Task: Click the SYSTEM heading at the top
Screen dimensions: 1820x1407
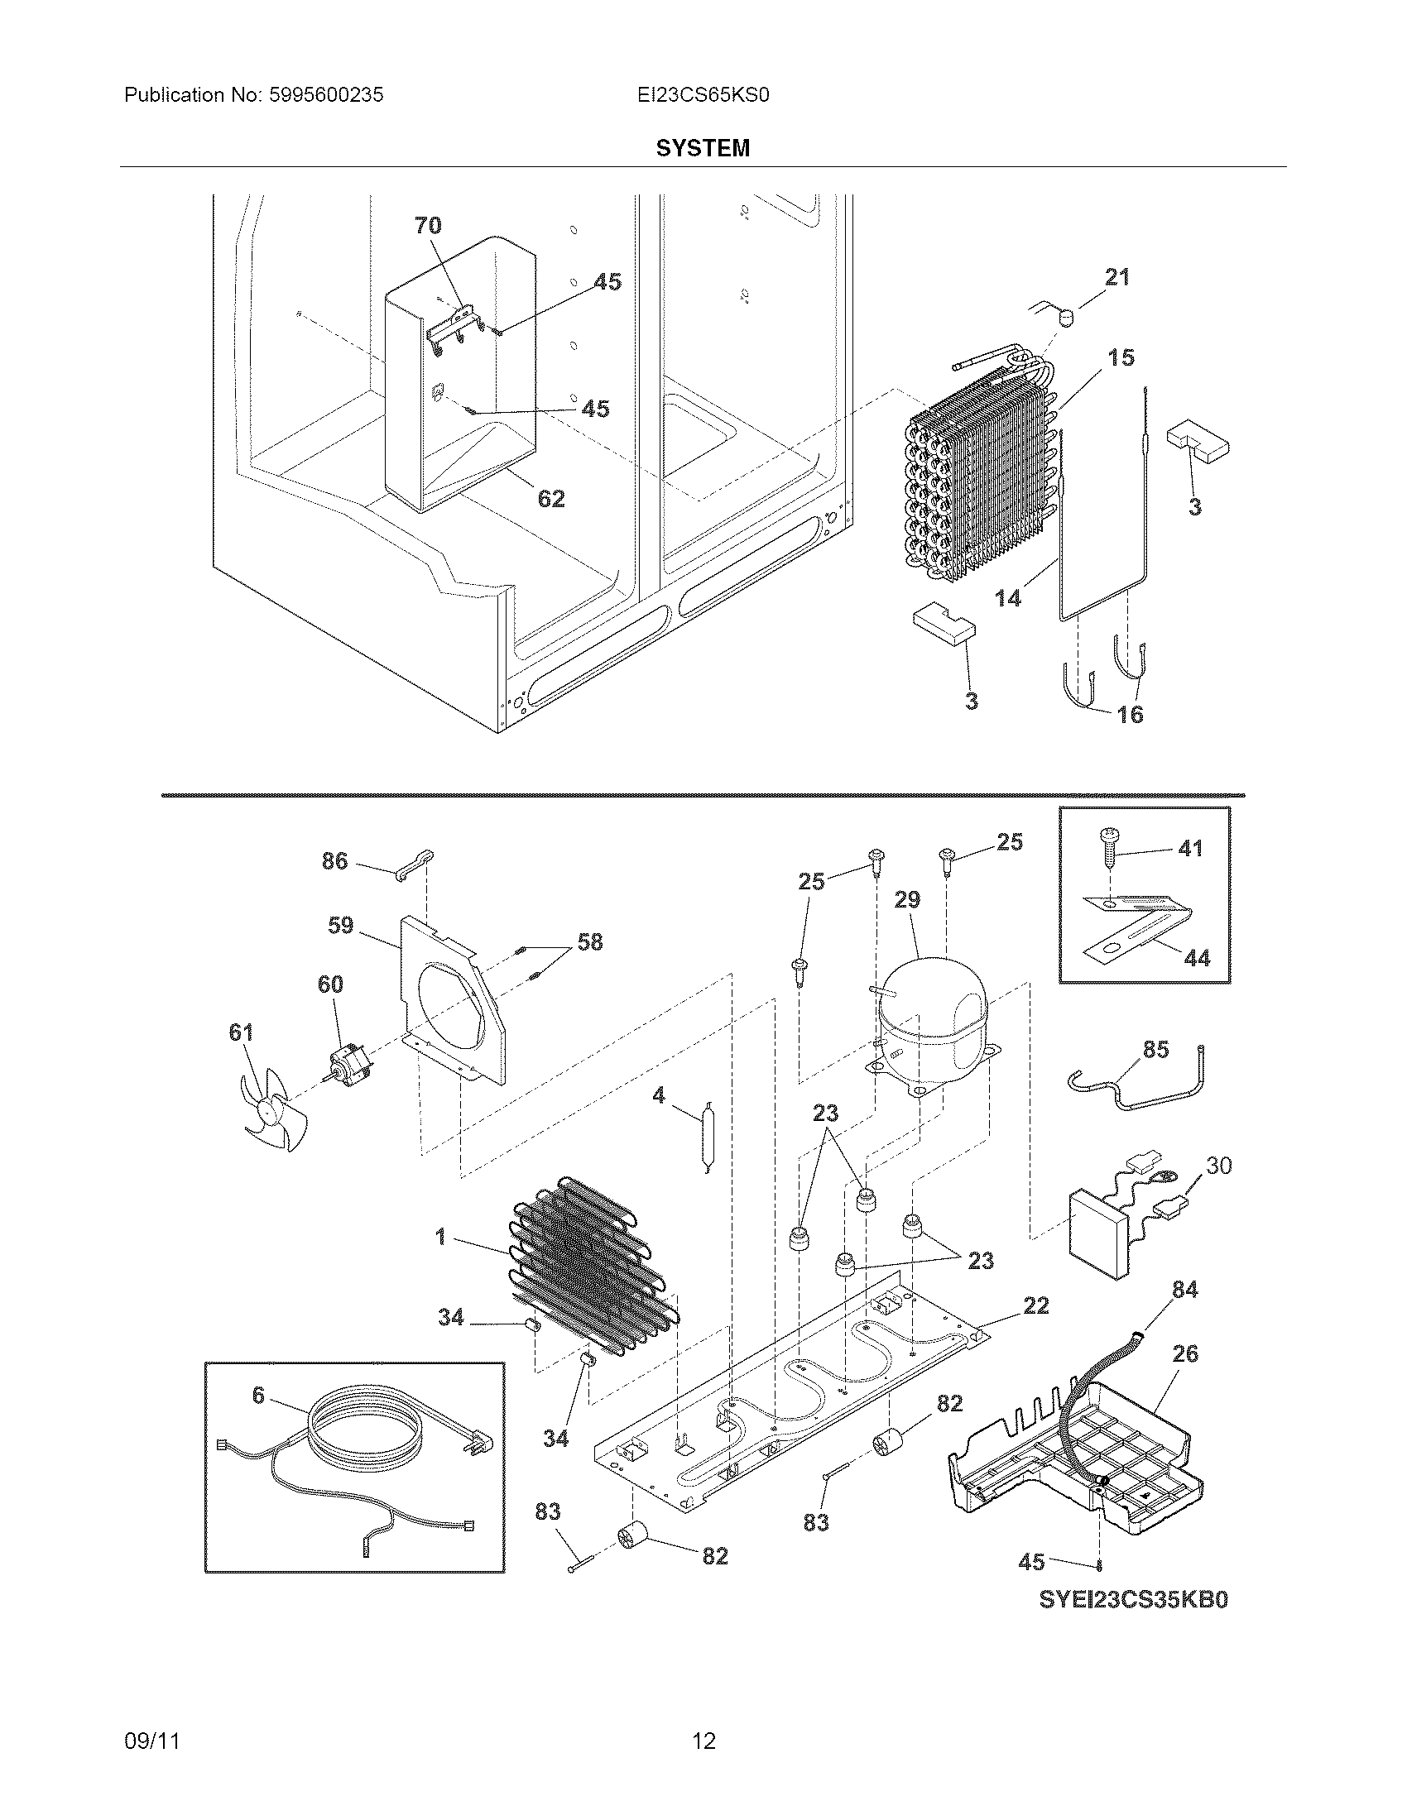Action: tap(703, 148)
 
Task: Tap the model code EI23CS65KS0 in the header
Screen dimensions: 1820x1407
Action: tap(703, 95)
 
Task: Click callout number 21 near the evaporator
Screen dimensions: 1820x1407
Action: tap(1116, 276)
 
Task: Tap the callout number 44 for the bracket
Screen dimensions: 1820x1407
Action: tap(1197, 958)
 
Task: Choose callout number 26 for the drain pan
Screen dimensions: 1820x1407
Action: tap(1184, 1354)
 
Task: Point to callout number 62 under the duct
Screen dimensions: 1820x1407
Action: tap(551, 498)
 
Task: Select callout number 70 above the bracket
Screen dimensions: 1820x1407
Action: tap(428, 225)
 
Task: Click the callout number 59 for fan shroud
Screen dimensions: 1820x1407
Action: tap(340, 925)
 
